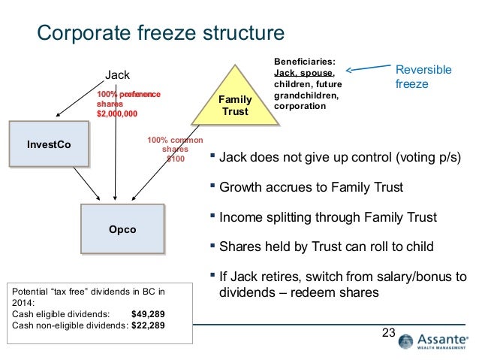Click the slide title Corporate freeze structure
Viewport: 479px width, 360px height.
point(161,33)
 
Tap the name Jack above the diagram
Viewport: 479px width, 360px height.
point(116,74)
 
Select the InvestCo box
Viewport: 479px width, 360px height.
point(49,144)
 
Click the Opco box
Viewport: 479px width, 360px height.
point(122,229)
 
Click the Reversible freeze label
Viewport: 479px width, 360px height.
point(423,77)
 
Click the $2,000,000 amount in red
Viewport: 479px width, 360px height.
point(118,113)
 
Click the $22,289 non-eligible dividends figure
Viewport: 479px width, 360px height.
point(152,326)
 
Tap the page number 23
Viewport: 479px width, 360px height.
point(388,333)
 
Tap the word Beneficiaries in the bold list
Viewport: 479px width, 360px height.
point(304,63)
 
